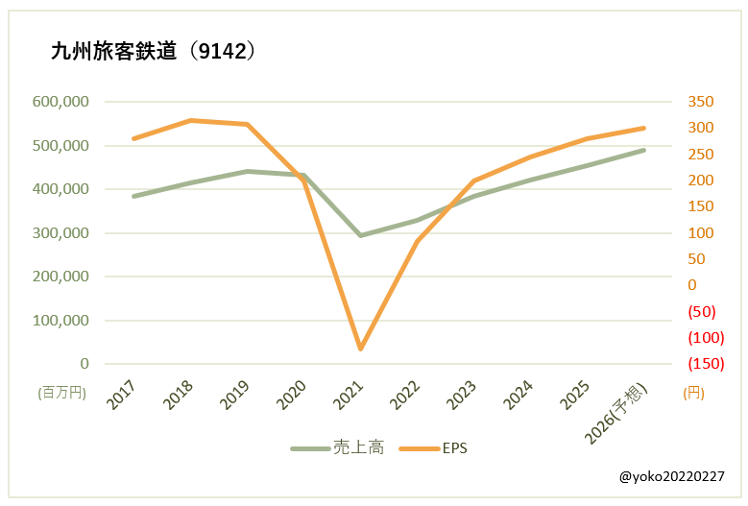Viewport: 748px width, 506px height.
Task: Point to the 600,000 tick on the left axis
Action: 60,102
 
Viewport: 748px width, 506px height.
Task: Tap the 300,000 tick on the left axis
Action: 60,232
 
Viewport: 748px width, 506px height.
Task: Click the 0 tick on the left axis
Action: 84,364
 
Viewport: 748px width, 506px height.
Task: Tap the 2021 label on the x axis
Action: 349,395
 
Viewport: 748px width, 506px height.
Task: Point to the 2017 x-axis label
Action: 122,395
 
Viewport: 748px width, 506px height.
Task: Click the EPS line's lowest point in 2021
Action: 360,349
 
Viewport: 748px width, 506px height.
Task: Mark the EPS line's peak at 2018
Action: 190,120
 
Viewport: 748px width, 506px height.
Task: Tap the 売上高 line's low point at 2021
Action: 360,235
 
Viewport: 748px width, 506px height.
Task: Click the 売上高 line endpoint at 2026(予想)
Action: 643,150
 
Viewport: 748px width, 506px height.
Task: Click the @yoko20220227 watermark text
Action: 672,476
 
